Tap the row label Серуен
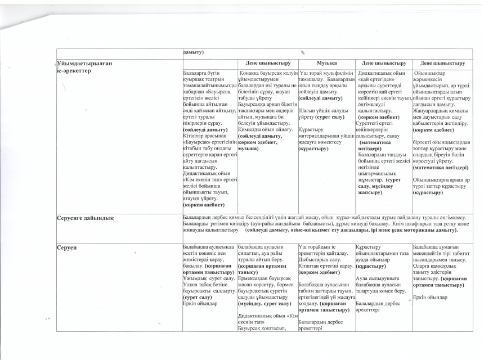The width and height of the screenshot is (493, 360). (66, 247)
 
